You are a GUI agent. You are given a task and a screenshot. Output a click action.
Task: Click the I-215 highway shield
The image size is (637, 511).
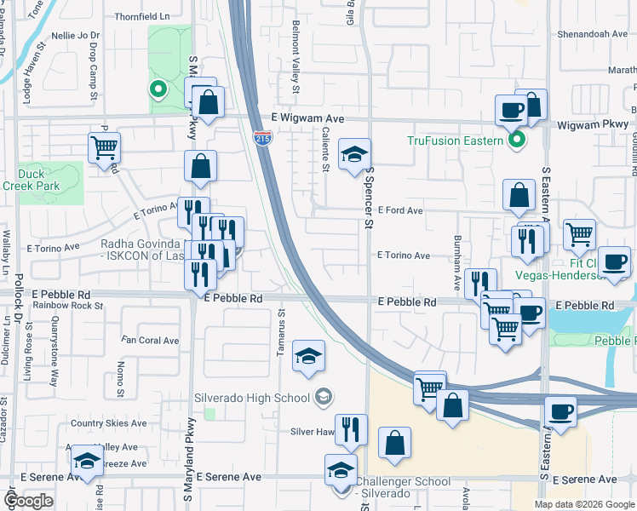point(262,137)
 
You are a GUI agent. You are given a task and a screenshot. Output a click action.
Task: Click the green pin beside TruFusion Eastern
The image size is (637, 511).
point(516,141)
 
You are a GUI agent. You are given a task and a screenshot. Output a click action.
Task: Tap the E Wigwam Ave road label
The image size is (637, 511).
point(307,118)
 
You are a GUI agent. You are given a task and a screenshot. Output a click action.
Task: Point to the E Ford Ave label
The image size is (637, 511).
point(400,210)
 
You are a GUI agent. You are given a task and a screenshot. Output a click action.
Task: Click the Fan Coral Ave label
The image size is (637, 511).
point(150,340)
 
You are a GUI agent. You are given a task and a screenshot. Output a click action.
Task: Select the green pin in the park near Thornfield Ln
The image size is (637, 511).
point(157,88)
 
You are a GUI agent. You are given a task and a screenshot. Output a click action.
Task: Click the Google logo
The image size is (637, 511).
point(28,501)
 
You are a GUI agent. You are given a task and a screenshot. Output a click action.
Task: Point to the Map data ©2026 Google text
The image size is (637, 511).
point(584,504)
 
